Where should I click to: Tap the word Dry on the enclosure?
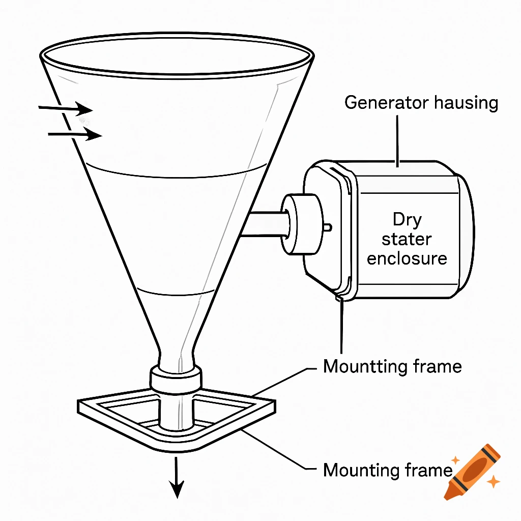point(407,220)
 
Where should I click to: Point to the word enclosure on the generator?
point(407,258)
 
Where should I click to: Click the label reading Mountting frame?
point(392,366)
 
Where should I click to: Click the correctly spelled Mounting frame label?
point(387,470)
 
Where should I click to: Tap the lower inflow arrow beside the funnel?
point(75,135)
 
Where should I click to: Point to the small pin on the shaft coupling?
point(329,226)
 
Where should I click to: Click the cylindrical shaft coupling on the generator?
point(303,223)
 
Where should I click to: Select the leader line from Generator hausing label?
point(398,140)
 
